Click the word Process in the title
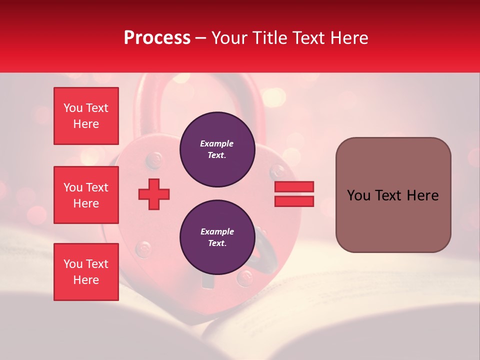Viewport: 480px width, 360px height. (157, 38)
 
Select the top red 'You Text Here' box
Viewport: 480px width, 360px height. (86, 116)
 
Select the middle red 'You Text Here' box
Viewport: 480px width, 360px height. (86, 195)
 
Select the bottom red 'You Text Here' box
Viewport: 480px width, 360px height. (86, 271)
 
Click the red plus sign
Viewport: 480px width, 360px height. (154, 194)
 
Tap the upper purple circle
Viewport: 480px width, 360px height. (217, 149)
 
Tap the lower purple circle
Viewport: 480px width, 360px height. (217, 237)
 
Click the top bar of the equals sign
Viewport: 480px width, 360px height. (294, 186)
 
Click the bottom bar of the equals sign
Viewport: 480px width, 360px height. (294, 201)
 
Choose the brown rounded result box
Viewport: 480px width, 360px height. (393, 194)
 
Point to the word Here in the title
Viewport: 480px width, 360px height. (348, 38)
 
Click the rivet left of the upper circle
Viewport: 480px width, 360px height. (154, 160)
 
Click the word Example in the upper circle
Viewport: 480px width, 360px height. (217, 143)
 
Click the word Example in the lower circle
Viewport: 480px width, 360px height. (217, 231)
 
